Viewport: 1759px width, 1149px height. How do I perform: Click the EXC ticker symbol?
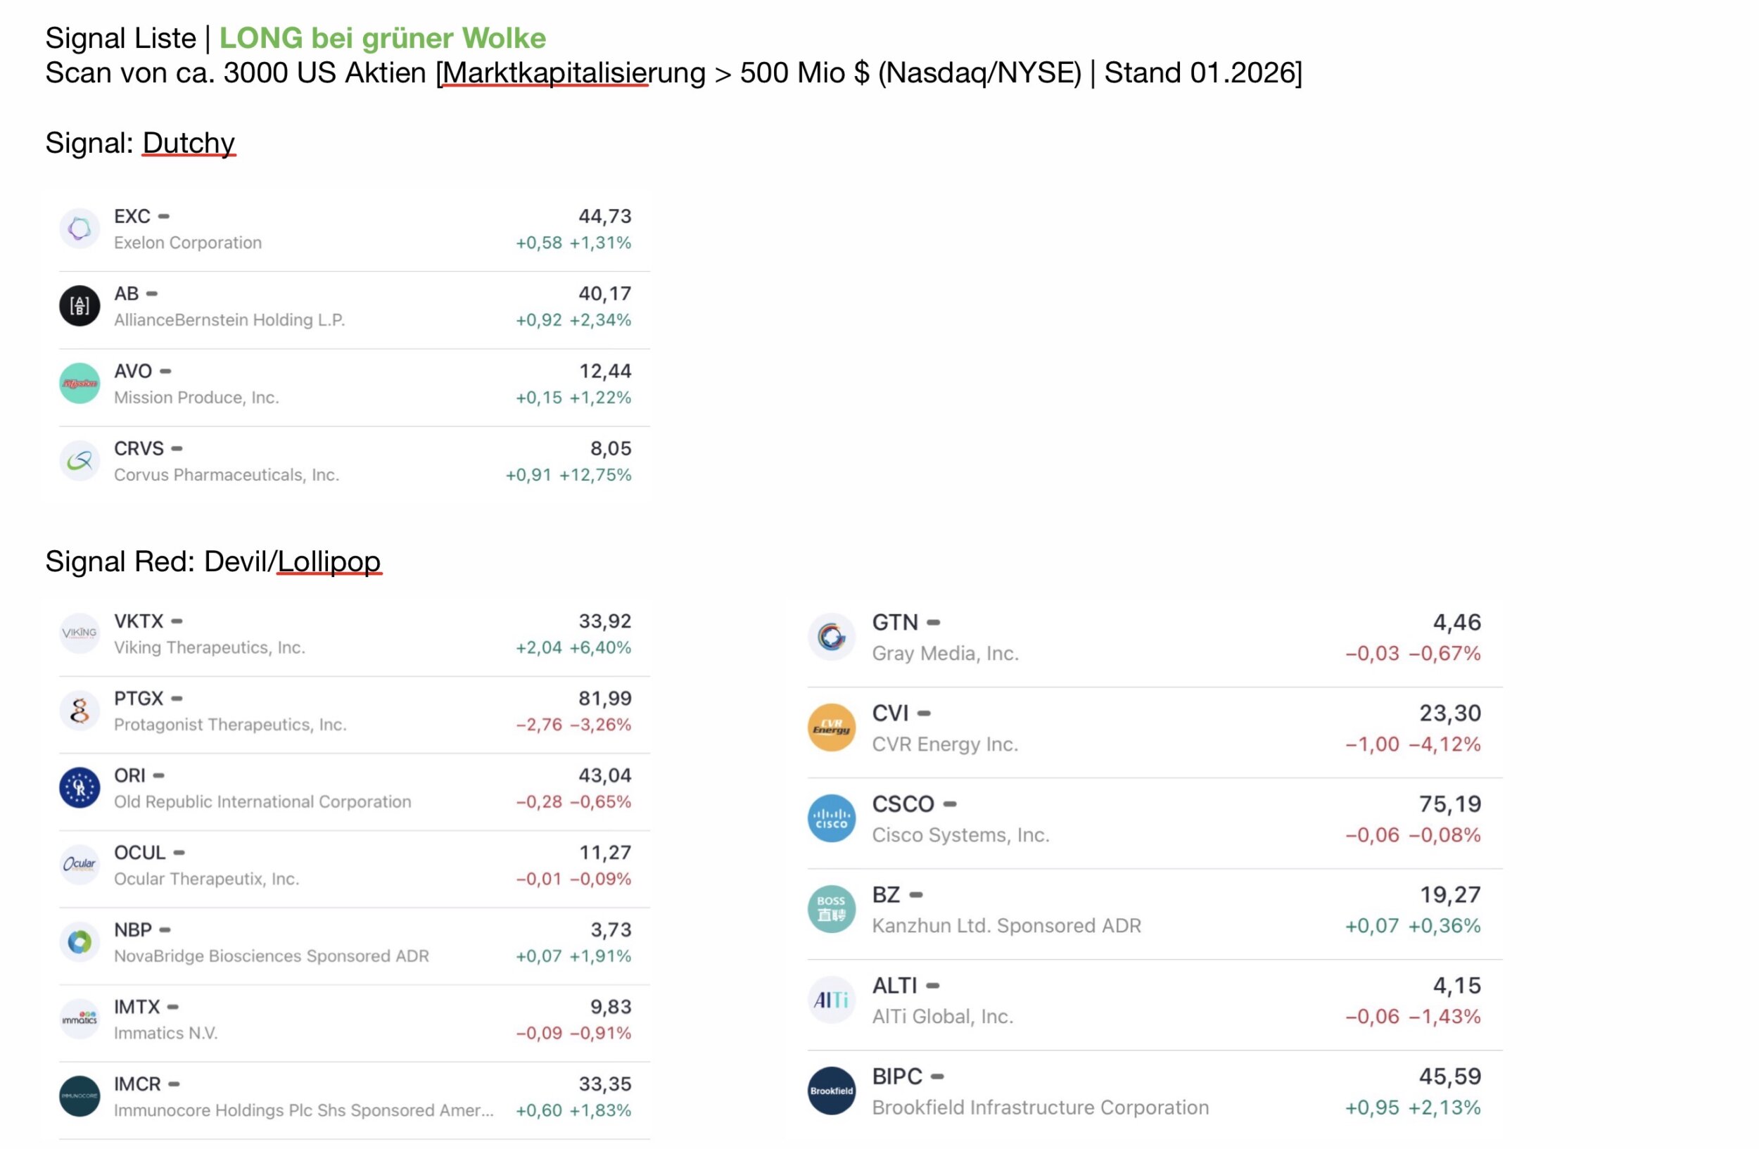132,217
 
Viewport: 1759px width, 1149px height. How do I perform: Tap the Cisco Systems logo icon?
832,819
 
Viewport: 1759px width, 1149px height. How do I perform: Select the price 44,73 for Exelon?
604,217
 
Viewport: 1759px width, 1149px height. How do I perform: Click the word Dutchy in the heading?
189,143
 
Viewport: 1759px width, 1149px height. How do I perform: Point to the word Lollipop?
329,561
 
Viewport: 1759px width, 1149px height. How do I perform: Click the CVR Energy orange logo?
832,728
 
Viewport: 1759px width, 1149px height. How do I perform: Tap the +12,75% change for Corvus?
595,475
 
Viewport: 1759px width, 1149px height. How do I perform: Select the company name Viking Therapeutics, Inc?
209,648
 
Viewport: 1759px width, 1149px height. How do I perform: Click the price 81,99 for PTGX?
604,698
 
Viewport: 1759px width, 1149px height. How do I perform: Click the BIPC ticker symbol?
897,1077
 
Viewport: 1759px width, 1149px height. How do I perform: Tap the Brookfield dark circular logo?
832,1091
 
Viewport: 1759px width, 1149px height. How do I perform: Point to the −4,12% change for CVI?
1444,744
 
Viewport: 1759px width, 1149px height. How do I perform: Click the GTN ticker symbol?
895,623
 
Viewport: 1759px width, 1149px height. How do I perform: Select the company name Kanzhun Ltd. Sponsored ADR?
1007,926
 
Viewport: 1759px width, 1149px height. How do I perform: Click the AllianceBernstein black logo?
80,306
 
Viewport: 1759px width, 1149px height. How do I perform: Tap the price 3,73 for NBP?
611,929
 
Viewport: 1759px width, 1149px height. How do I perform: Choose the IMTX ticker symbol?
136,1007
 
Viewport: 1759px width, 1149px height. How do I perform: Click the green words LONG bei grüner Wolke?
382,38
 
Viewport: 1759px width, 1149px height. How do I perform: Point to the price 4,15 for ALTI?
1456,986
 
